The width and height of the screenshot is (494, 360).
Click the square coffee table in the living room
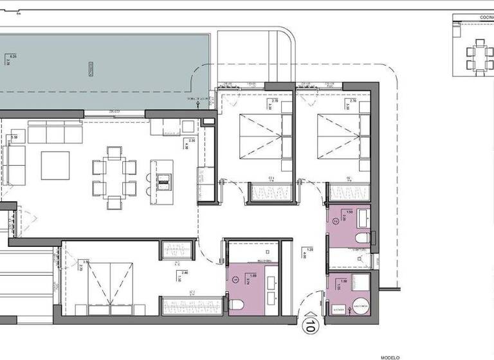coord(55,165)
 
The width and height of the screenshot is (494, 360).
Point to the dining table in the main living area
coord(114,177)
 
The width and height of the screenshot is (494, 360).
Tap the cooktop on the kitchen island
coord(164,181)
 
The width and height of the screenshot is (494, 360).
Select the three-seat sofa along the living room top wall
coord(55,134)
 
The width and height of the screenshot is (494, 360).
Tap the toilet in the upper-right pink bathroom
coord(361,239)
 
